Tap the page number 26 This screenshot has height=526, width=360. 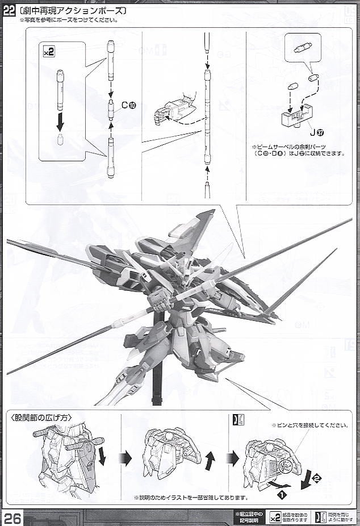pyautogui.click(x=12, y=517)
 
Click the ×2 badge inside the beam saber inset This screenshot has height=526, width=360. pyautogui.click(x=49, y=52)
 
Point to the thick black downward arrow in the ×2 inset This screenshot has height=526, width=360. pyautogui.click(x=60, y=120)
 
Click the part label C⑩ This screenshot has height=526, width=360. pyautogui.click(x=129, y=105)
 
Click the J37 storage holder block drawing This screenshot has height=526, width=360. pyautogui.click(x=297, y=117)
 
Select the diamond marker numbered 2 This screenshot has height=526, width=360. pyautogui.click(x=317, y=478)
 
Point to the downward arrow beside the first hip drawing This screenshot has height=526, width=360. pyautogui.click(x=102, y=455)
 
